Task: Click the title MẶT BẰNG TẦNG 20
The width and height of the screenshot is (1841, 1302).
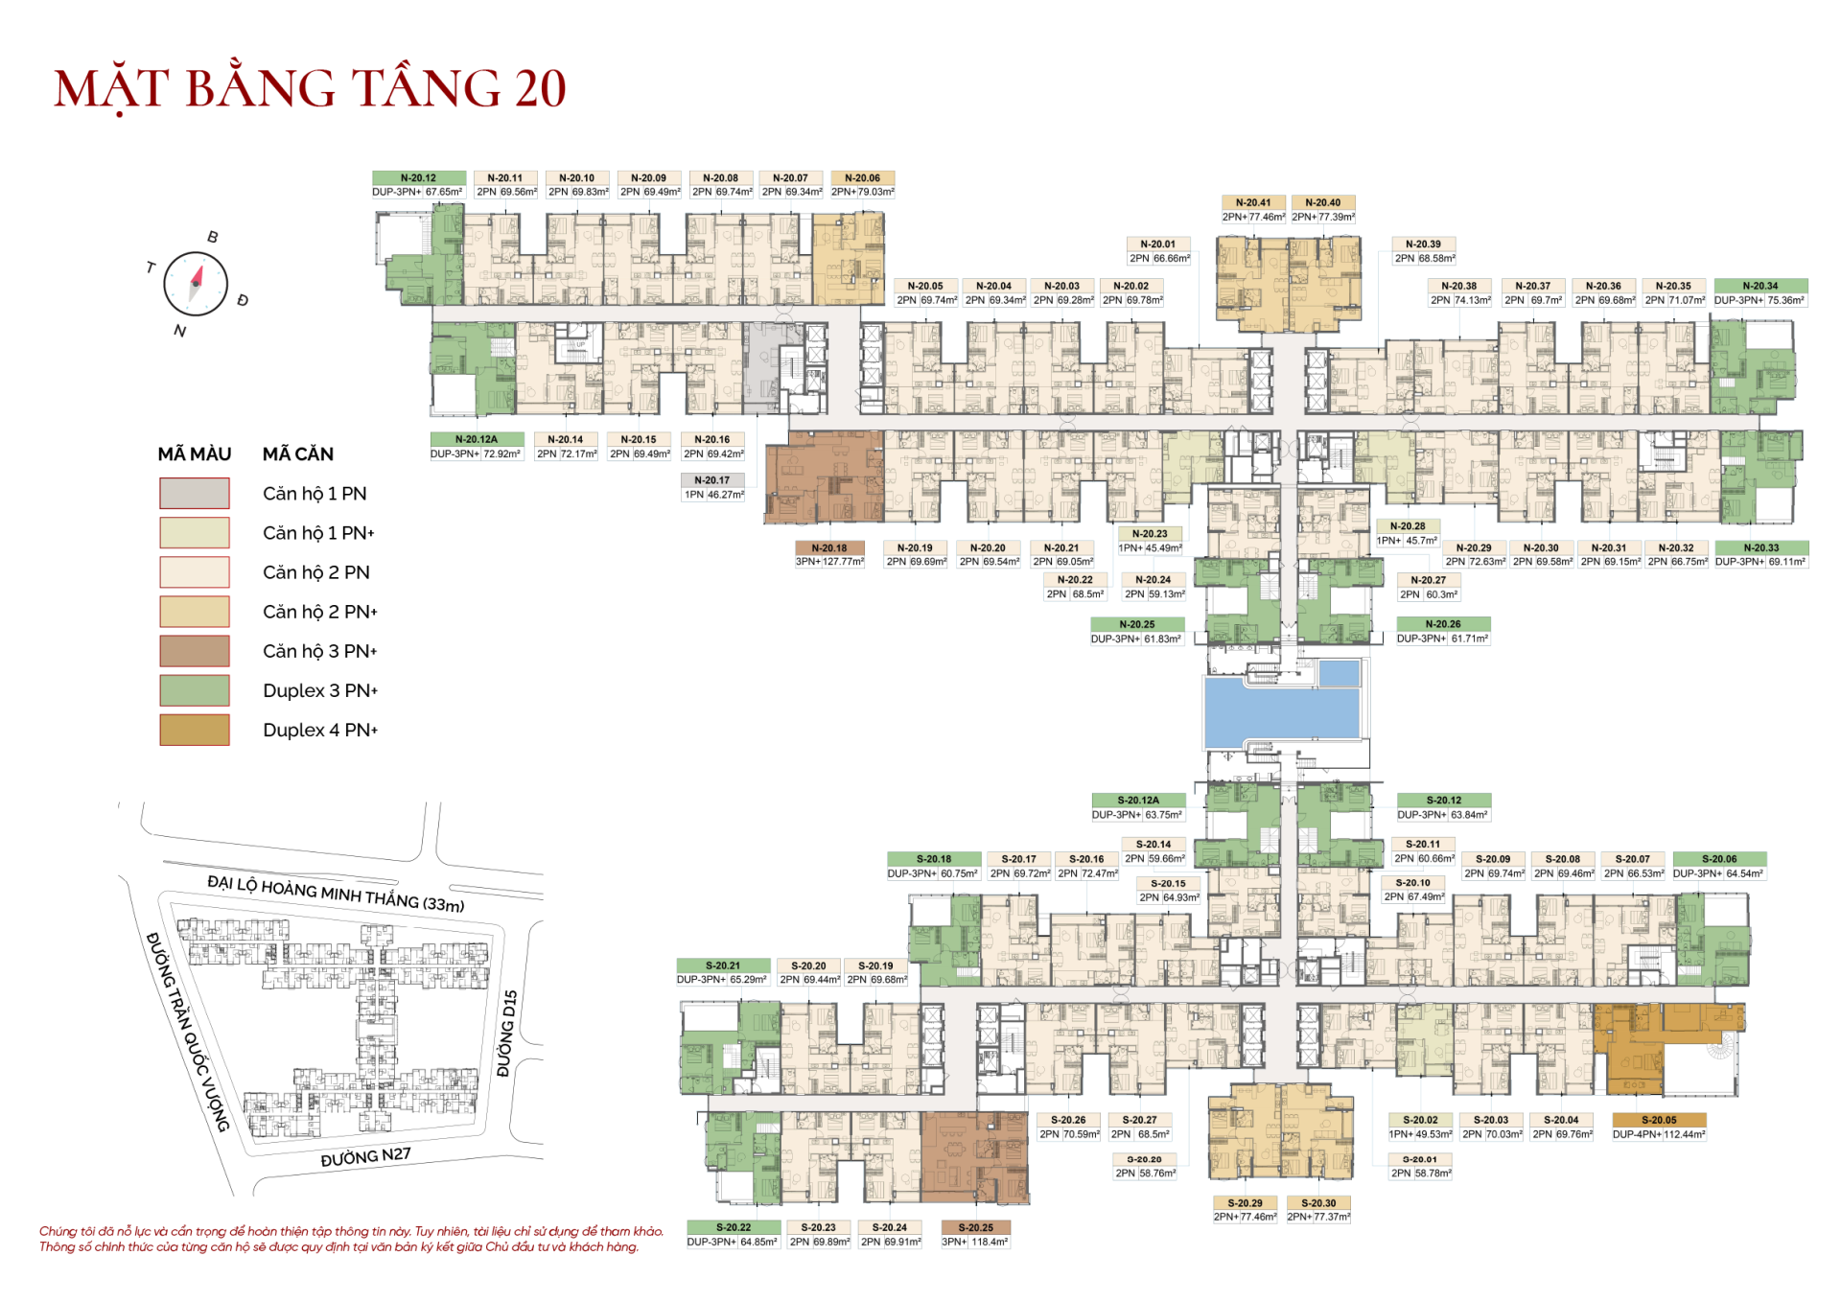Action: tap(310, 88)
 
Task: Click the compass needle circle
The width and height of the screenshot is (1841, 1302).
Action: tap(196, 284)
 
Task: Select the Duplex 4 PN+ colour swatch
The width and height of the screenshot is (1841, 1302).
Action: tap(195, 730)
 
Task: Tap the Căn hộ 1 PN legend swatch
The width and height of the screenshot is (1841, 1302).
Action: tap(195, 493)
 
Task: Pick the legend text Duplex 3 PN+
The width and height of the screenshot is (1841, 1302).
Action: tap(320, 690)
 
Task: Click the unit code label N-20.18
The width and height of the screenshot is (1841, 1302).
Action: tap(829, 548)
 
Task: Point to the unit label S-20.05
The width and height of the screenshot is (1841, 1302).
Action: tap(1658, 1120)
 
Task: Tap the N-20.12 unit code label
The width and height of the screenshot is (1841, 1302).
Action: tap(419, 178)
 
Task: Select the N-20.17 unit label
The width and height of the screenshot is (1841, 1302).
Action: tap(712, 480)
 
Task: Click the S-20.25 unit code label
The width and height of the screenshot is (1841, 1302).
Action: tap(975, 1227)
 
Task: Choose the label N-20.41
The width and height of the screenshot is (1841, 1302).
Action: tap(1253, 203)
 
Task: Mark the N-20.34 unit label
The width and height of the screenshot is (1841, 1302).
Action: tap(1759, 286)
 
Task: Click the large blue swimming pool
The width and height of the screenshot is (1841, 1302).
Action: tap(1281, 711)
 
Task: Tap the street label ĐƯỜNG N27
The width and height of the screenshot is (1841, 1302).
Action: tap(365, 1157)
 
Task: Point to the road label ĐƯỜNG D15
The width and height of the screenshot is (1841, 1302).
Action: tap(507, 1033)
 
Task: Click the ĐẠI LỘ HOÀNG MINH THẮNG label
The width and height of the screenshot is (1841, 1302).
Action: tap(336, 893)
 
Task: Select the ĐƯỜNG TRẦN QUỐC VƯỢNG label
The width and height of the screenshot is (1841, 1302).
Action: tap(188, 1031)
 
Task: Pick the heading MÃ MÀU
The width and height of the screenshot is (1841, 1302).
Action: tap(195, 454)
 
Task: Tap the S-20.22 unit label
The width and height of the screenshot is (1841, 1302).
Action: tap(733, 1227)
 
